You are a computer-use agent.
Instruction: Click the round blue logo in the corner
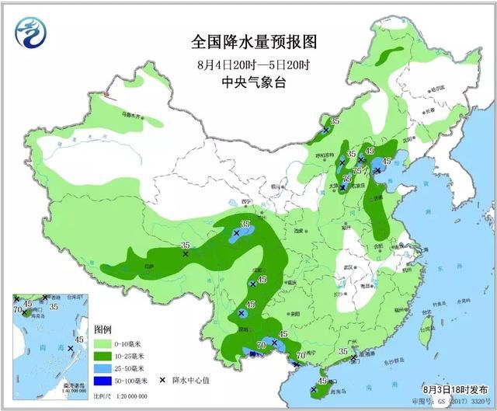(x=29, y=31)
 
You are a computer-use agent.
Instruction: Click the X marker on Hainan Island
(x=314, y=389)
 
